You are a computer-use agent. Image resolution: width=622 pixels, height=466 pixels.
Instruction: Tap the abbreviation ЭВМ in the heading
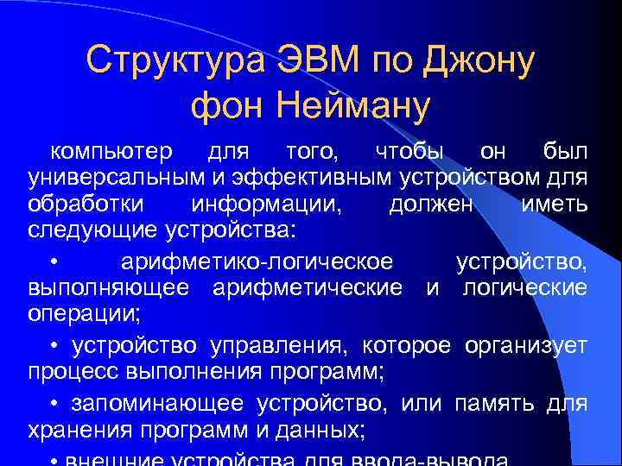[x=320, y=61]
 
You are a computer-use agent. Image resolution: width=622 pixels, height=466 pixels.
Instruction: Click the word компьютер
[x=111, y=153]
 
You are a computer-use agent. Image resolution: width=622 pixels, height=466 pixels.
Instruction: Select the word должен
[x=431, y=206]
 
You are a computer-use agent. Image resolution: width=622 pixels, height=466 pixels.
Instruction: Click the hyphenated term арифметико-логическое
[x=257, y=261]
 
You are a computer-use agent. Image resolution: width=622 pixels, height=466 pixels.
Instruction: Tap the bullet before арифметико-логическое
[x=54, y=261]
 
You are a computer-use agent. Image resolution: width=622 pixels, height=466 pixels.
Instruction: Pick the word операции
[x=78, y=314]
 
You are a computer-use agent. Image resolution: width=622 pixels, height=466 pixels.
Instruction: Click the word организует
[x=526, y=347]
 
